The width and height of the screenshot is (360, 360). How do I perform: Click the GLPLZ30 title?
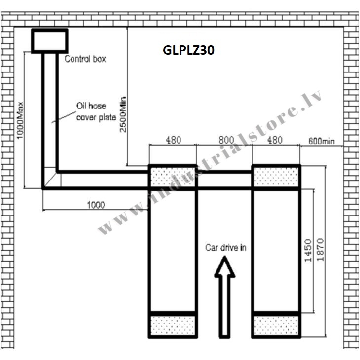tap(188, 50)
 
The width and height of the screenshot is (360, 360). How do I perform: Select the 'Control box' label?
tap(85, 59)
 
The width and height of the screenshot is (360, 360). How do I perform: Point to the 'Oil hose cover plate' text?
tap(96, 111)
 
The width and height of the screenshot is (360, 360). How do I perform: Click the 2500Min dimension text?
tap(123, 114)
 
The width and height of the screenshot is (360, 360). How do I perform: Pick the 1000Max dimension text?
tap(20, 120)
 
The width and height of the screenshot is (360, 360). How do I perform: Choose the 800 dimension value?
tap(226, 140)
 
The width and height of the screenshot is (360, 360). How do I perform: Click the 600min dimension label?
tap(322, 141)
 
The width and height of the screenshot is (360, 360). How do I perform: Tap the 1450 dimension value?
tap(308, 251)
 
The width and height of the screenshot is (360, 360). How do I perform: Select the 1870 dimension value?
tap(320, 250)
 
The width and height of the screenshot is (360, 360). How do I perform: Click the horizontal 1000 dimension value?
tap(96, 205)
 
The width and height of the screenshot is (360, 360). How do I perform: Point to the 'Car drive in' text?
tap(226, 248)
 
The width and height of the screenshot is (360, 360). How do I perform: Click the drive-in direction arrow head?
tap(224, 267)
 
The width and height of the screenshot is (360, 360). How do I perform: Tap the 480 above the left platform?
tap(173, 140)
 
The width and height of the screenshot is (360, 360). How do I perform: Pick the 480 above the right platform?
tap(275, 140)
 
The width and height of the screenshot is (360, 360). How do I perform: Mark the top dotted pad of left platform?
tap(173, 177)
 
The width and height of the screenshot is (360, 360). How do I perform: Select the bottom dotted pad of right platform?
tap(276, 325)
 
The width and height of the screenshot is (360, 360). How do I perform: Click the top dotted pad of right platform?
tap(276, 177)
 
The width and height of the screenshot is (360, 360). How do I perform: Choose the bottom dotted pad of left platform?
tap(173, 325)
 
